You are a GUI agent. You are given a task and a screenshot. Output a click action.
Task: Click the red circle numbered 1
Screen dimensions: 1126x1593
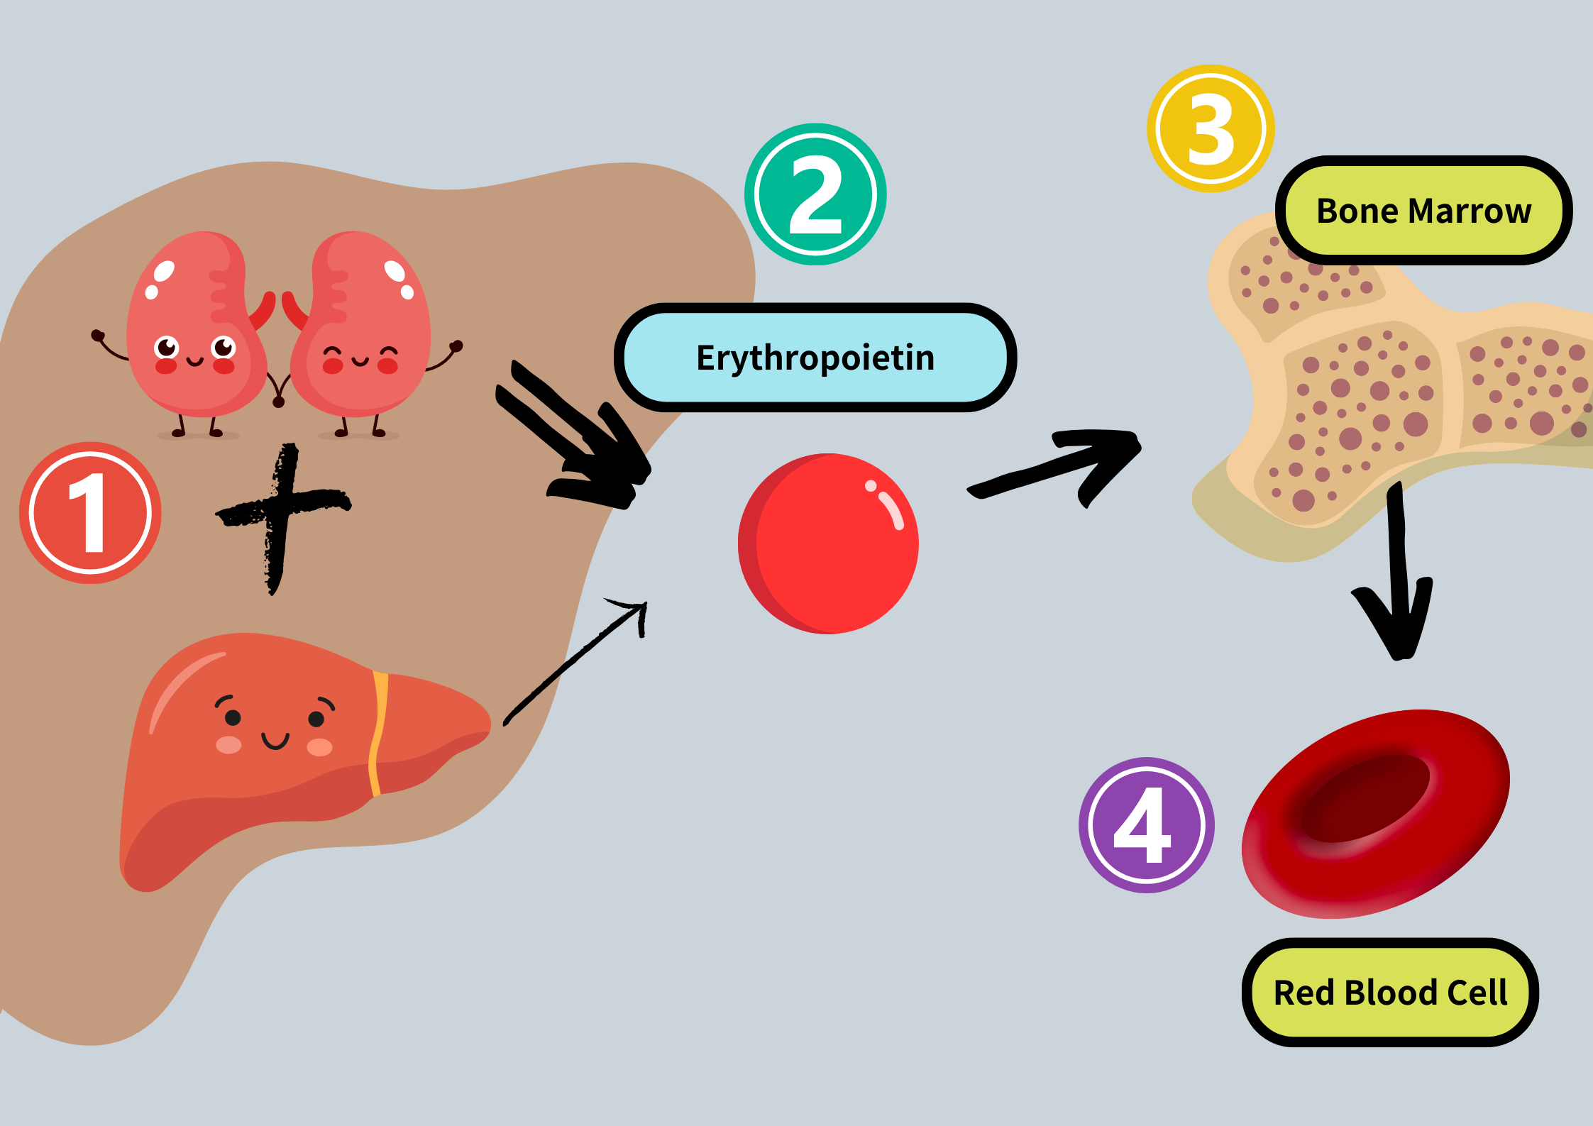(90, 512)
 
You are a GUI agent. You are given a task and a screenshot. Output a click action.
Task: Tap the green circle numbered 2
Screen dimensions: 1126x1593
(815, 194)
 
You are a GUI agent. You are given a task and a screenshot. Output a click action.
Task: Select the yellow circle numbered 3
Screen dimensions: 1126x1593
(1211, 128)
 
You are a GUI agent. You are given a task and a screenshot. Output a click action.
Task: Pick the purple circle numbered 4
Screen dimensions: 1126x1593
(1146, 824)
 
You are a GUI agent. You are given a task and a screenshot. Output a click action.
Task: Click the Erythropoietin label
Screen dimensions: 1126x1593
(815, 358)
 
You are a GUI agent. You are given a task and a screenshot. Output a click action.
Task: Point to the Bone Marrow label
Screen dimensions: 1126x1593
(1423, 211)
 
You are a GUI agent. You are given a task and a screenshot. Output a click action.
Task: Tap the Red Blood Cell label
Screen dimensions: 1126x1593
(1390, 992)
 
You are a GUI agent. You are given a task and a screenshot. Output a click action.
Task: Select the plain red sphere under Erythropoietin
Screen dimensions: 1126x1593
(828, 543)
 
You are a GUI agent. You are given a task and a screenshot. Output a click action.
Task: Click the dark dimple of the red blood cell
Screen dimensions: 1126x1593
(1366, 798)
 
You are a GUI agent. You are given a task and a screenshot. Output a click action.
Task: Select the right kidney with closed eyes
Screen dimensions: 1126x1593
(362, 326)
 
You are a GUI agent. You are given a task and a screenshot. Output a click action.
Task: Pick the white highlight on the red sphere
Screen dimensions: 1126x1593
(888, 507)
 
